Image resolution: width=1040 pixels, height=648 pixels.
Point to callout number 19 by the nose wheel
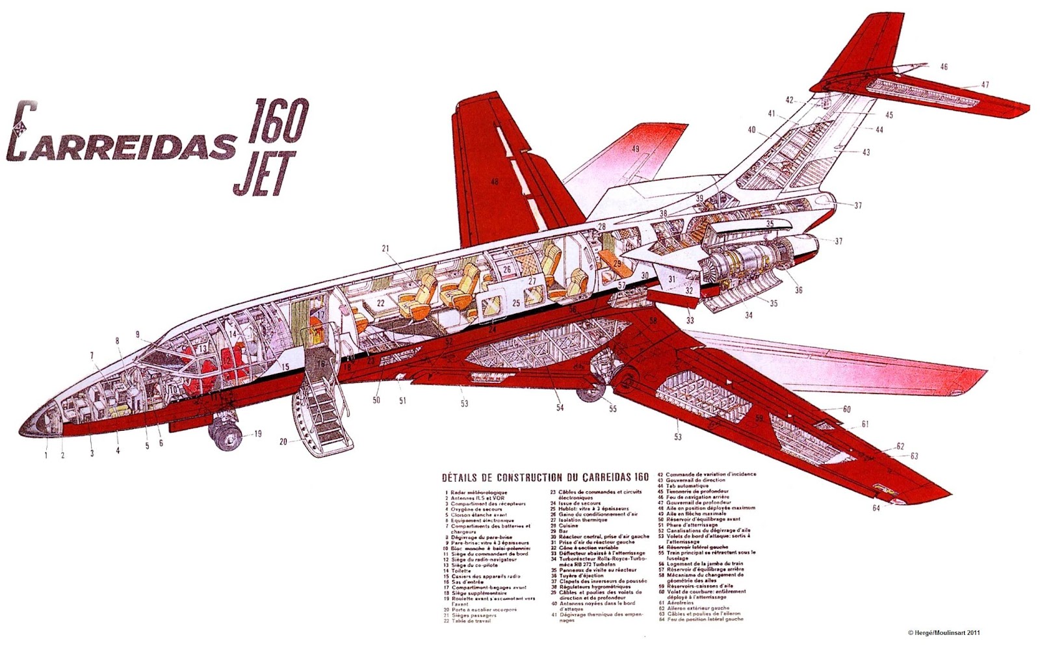pos(257,434)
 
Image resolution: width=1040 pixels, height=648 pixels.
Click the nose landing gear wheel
pos(223,432)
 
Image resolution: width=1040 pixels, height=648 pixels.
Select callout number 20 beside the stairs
pos(283,443)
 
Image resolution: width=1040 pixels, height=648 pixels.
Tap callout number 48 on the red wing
pos(495,182)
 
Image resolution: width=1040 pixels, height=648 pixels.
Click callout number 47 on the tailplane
pos(985,84)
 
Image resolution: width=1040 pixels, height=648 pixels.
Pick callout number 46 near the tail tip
pos(944,66)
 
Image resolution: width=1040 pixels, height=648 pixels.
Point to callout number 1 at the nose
pos(46,455)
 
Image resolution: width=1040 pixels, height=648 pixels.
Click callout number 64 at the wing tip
pos(876,508)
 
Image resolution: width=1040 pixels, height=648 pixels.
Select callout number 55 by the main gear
pos(612,409)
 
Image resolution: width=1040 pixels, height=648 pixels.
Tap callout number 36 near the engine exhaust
pos(798,290)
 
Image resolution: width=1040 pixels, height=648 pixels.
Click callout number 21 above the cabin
pos(385,248)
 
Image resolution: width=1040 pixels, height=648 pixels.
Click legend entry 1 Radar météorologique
pos(477,493)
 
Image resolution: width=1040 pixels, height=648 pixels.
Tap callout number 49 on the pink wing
pos(636,149)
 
